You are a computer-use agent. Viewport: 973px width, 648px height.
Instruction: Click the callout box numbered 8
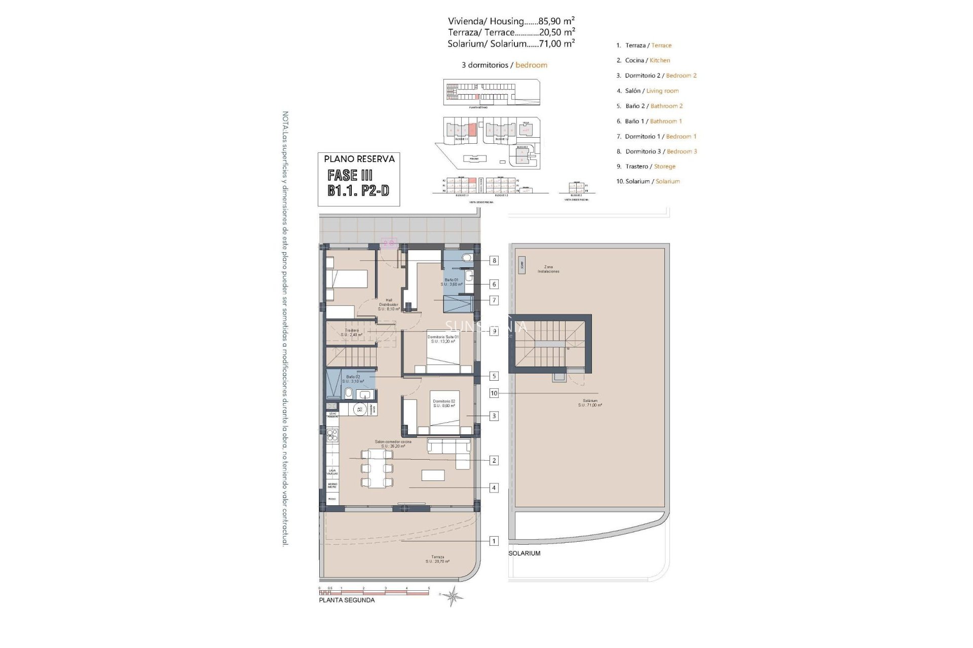(x=494, y=261)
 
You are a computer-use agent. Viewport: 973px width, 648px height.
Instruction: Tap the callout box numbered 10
(x=494, y=393)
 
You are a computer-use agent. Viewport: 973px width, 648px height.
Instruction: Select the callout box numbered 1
(x=494, y=541)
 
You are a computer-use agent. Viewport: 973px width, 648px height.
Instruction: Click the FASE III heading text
(x=350, y=176)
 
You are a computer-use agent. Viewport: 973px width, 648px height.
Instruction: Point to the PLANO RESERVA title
(x=359, y=159)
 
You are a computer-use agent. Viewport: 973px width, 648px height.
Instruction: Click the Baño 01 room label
(x=452, y=282)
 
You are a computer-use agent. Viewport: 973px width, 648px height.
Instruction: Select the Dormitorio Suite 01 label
(x=443, y=339)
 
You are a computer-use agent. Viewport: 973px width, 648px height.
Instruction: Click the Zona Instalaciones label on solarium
(x=548, y=269)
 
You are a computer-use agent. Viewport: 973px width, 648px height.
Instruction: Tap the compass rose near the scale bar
(x=452, y=596)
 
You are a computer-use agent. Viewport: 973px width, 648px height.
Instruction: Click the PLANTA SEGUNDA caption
(x=347, y=600)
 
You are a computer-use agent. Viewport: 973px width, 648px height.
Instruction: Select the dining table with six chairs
(x=377, y=468)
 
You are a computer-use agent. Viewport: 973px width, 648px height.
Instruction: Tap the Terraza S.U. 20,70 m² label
(x=437, y=559)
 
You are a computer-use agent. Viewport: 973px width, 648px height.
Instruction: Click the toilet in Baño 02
(x=349, y=393)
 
